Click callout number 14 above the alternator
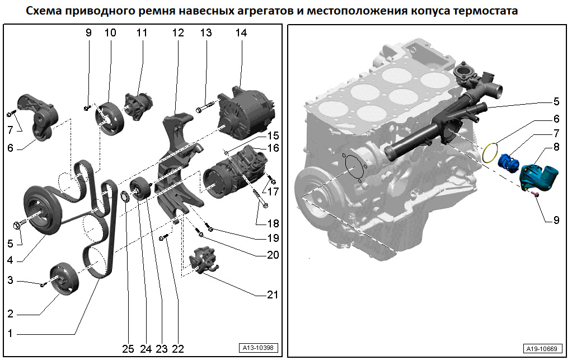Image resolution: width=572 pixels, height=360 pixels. [241, 33]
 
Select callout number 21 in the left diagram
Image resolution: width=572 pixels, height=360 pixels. [273, 294]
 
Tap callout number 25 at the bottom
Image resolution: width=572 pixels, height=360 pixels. [128, 349]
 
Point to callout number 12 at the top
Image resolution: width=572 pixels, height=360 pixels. [178, 33]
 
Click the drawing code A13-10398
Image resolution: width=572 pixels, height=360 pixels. [258, 348]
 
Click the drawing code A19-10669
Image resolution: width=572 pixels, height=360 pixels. [542, 349]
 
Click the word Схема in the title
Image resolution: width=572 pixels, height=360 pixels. [44, 11]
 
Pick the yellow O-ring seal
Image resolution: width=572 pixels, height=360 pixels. [490, 152]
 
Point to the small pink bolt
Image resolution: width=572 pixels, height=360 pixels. [535, 194]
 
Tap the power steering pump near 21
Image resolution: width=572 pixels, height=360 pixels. [204, 261]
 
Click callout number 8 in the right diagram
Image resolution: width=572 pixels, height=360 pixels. [556, 147]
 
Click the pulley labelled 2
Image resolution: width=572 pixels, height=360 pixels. [64, 278]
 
